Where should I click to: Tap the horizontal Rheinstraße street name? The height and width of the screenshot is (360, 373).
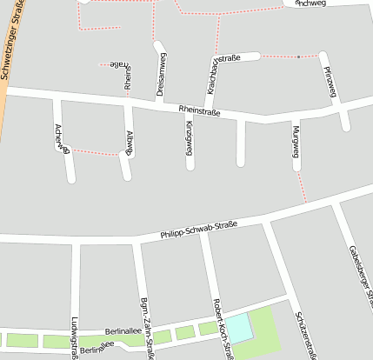tap(199, 111)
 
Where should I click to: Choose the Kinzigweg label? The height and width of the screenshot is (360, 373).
tap(189, 139)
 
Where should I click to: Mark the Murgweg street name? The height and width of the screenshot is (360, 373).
tap(296, 142)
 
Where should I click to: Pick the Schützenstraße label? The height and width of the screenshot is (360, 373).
tap(304, 335)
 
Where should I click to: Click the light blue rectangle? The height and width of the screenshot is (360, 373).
tap(240, 328)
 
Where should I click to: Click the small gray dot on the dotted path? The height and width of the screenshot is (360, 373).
tap(298, 57)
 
